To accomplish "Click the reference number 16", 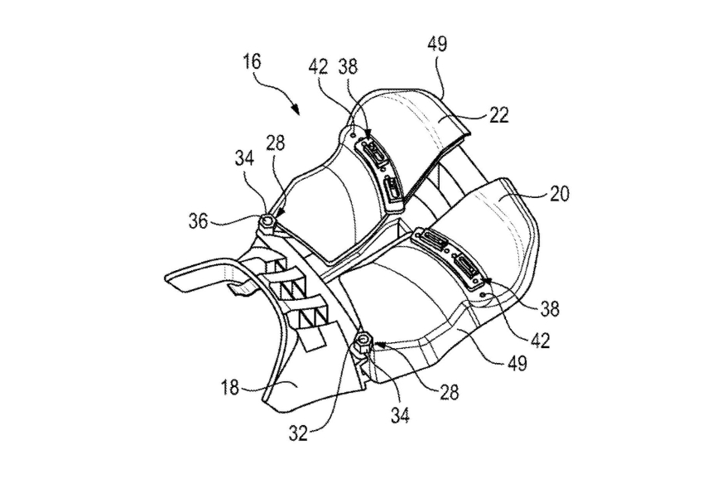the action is [253, 62].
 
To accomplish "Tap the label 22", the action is [499, 115].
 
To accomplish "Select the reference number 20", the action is [560, 194].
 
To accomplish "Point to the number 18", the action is [230, 387].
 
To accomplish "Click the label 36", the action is [199, 221].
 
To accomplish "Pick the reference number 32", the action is [298, 433].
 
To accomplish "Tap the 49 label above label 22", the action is [437, 45].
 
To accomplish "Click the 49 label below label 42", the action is [517, 364].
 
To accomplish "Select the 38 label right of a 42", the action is [348, 67].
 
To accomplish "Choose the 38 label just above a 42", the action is [550, 308].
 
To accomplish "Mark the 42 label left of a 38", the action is [318, 67].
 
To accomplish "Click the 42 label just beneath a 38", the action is [541, 341].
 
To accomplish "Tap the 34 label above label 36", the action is [244, 158].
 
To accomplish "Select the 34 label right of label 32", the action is [400, 416].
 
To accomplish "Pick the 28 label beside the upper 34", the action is [276, 143].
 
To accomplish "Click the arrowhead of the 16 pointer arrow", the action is [296, 110].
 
